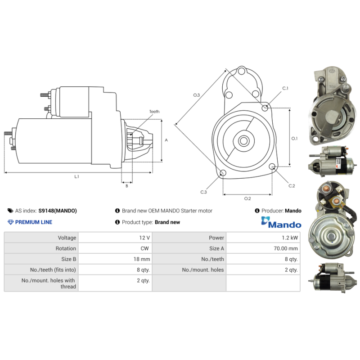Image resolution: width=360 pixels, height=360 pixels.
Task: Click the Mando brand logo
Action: tap(281, 222)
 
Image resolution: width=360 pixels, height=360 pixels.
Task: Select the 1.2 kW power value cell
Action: tap(290, 238)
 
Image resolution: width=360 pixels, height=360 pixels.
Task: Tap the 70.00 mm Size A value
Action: tap(286, 248)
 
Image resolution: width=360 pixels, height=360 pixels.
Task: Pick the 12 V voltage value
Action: tap(144, 238)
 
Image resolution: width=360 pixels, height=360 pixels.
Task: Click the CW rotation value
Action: tap(144, 248)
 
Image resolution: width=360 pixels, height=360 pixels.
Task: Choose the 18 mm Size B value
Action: tap(142, 259)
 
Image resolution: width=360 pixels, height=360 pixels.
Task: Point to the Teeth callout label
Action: tap(154, 112)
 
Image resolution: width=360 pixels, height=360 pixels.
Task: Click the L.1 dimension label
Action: tap(76, 176)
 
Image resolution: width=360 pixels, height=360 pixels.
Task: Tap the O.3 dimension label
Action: tap(197, 95)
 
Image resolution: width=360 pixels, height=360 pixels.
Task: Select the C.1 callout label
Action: tap(285, 88)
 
